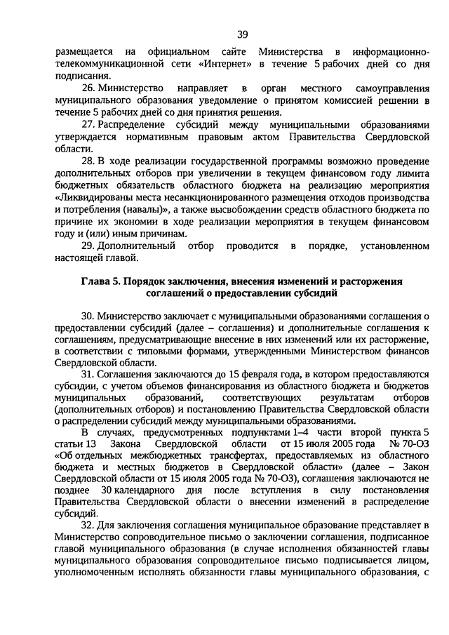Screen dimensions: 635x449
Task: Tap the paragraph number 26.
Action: click(x=88, y=89)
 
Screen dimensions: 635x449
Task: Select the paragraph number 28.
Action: click(x=88, y=162)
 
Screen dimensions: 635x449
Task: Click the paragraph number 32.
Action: click(x=88, y=525)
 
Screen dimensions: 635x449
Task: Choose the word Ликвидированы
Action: click(x=95, y=198)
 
